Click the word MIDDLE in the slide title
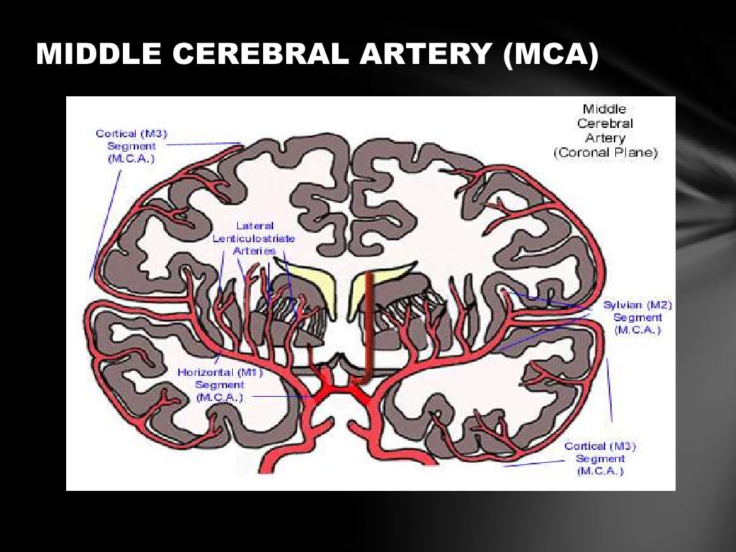pyautogui.click(x=86, y=55)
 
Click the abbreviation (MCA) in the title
pyautogui.click(x=551, y=55)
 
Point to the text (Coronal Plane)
pyautogui.click(x=605, y=152)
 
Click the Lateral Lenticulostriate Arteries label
pyautogui.click(x=254, y=238)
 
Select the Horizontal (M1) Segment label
pyautogui.click(x=220, y=385)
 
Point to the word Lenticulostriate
pyautogui.click(x=254, y=238)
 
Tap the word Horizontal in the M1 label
pyautogui.click(x=205, y=373)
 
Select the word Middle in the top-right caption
pyautogui.click(x=604, y=109)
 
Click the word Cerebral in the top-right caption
pyautogui.click(x=604, y=124)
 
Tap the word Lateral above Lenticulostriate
pyautogui.click(x=254, y=226)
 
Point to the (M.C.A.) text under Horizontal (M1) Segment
pyautogui.click(x=220, y=397)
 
